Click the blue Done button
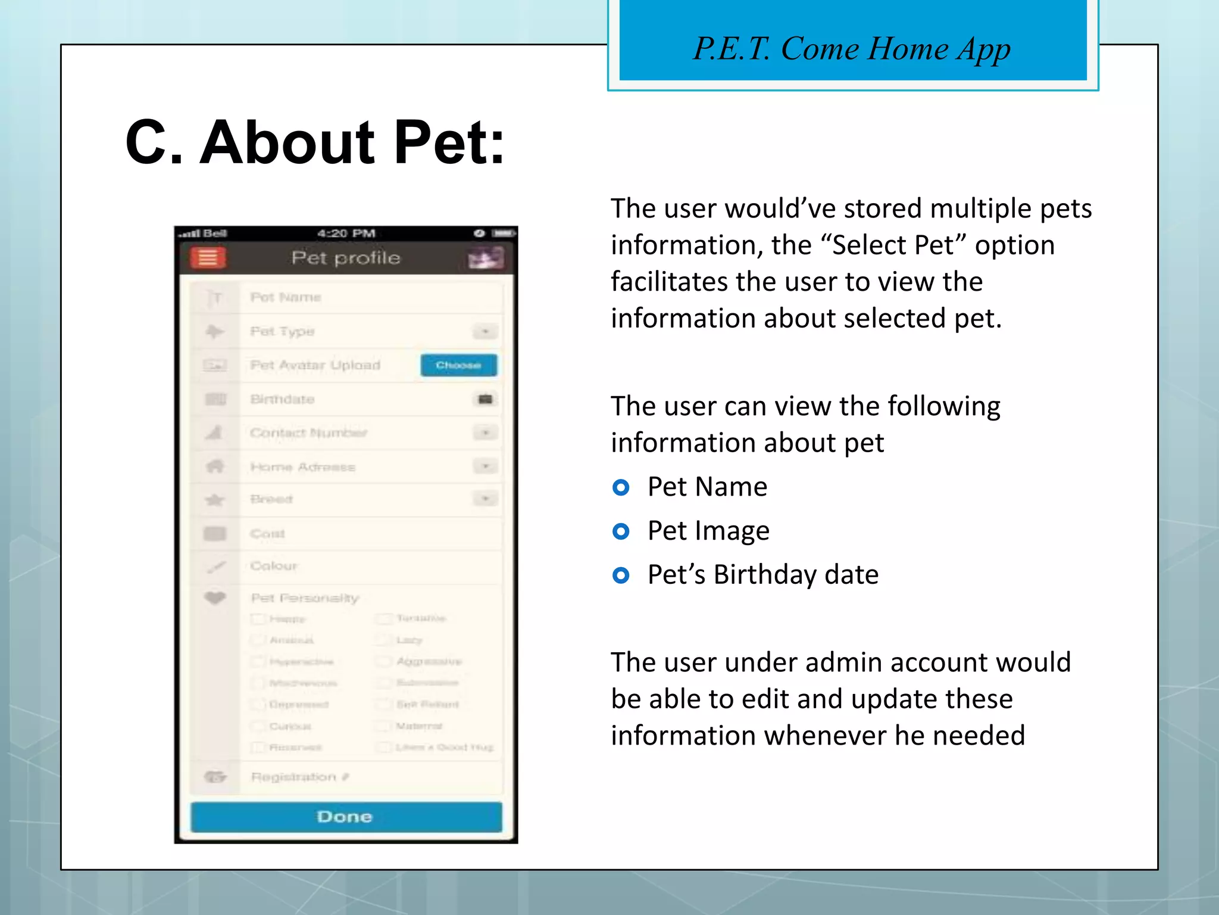tap(346, 817)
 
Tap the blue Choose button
tap(458, 365)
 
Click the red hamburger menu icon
tap(208, 259)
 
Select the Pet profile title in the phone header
tap(346, 258)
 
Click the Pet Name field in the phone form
tap(286, 297)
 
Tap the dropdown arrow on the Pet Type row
tap(486, 331)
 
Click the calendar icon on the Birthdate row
tap(486, 399)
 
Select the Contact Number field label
tap(308, 433)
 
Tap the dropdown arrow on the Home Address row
tap(486, 466)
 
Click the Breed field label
tap(271, 499)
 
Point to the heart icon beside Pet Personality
tap(215, 597)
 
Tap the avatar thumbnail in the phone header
tap(486, 259)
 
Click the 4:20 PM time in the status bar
tap(346, 233)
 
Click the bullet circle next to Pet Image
tap(621, 531)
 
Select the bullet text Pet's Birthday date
tap(763, 575)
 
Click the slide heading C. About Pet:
tap(315, 142)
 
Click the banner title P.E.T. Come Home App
tap(852, 49)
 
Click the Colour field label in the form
tap(274, 566)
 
